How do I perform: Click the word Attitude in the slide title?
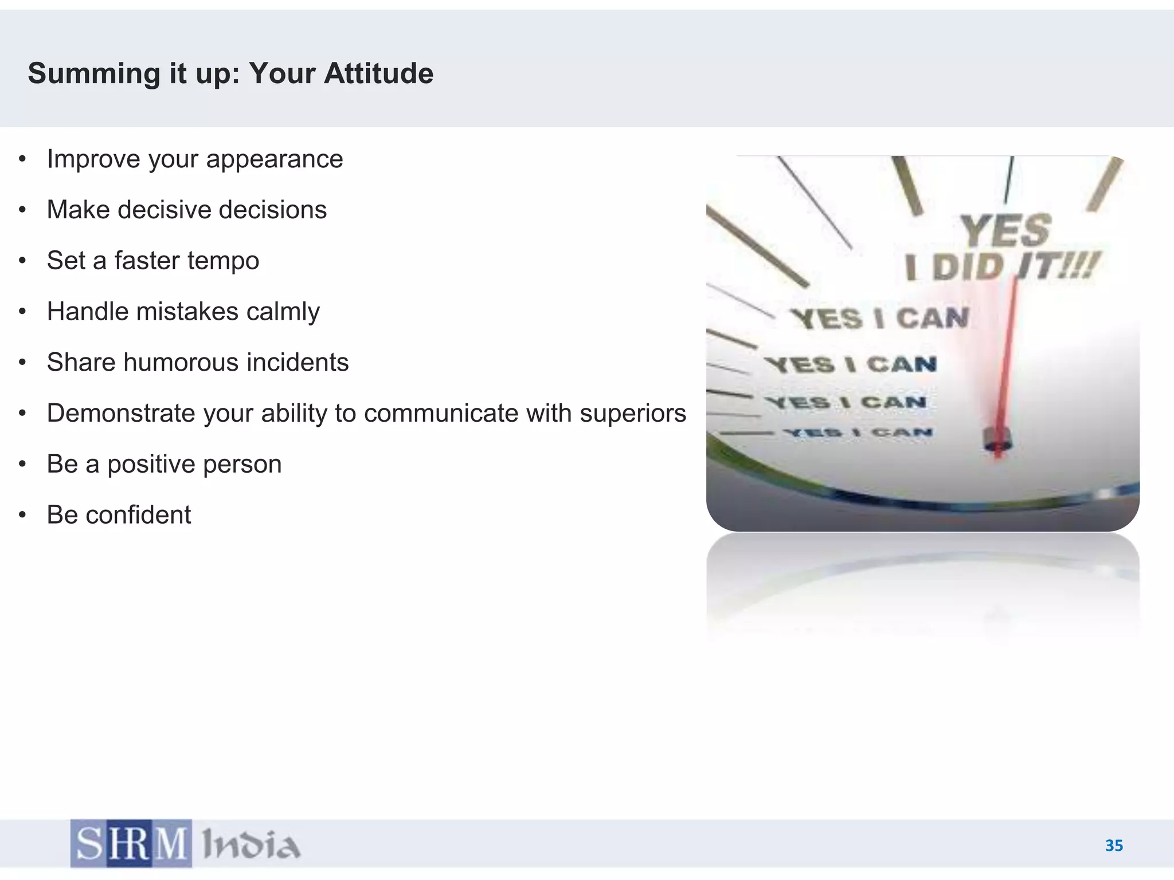(x=378, y=73)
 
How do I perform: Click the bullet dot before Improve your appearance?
(x=22, y=159)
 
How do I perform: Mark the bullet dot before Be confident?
(x=22, y=515)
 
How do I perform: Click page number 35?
(x=1114, y=846)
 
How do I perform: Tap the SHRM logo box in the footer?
(x=131, y=843)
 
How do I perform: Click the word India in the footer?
(x=251, y=844)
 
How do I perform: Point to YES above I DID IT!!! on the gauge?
(x=1005, y=230)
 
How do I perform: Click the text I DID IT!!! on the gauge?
(x=1000, y=267)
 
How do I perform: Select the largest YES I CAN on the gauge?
(x=879, y=319)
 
